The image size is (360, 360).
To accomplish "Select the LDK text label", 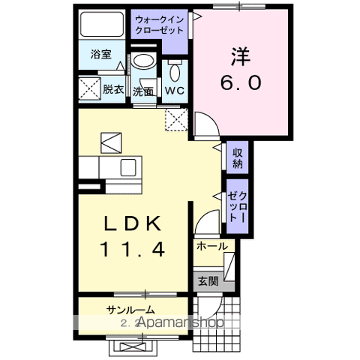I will pyautogui.click(x=133, y=223).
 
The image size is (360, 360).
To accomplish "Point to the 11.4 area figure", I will pyautogui.click(x=133, y=249).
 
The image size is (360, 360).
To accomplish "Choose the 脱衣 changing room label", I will pyautogui.click(x=113, y=89).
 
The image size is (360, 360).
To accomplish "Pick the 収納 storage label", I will pyautogui.click(x=237, y=159).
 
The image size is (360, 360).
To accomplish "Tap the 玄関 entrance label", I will pyautogui.click(x=208, y=282).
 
